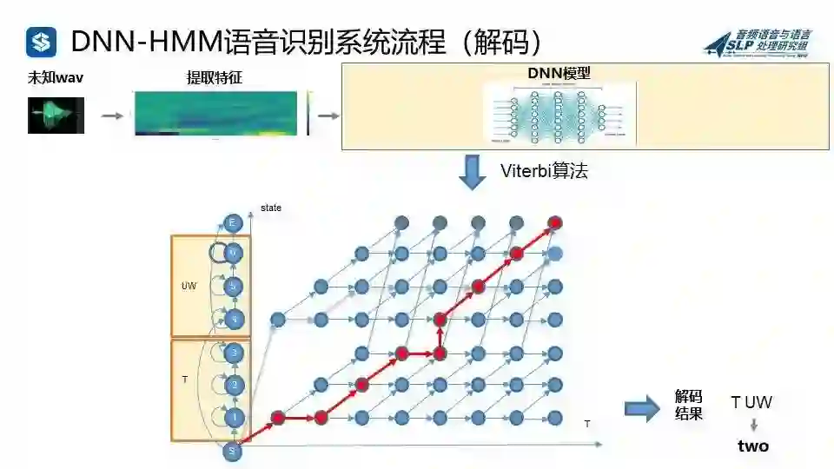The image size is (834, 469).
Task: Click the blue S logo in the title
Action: [x=41, y=41]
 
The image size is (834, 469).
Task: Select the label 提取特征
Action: [x=214, y=78]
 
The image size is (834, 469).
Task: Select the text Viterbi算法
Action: [x=545, y=171]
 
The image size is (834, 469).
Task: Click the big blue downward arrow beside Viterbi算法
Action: [x=473, y=171]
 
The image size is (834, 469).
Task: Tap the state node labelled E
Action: [x=232, y=223]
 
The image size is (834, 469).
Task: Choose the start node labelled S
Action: [x=232, y=451]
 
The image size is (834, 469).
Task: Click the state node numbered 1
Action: [x=233, y=418]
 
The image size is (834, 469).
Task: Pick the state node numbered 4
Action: [x=233, y=319]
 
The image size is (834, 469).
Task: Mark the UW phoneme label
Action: [x=188, y=286]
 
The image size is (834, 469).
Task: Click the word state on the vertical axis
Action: [x=271, y=208]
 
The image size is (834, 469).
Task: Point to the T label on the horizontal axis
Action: [x=587, y=424]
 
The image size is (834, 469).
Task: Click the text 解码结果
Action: [x=688, y=405]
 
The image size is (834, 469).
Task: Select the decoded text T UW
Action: [x=751, y=402]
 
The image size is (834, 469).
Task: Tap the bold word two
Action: [x=753, y=446]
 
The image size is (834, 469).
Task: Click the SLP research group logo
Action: [x=758, y=43]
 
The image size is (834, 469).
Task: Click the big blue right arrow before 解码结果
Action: [x=642, y=408]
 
